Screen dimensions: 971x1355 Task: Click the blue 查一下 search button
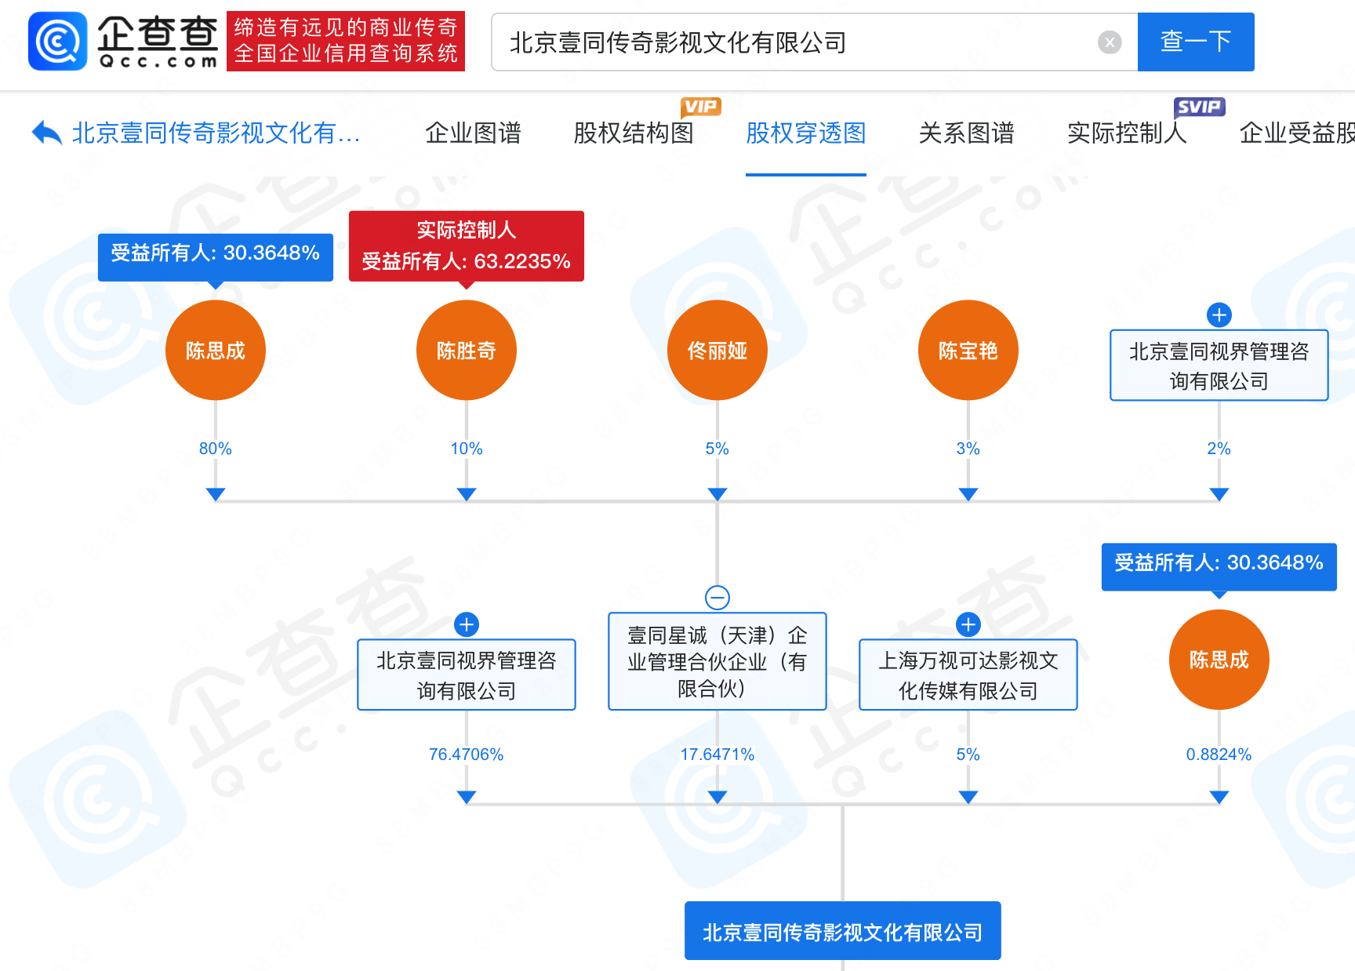click(x=1195, y=42)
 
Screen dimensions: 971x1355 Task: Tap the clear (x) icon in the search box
click(x=1109, y=42)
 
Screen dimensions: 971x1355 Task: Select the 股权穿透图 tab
click(x=805, y=133)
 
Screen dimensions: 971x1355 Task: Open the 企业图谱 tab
click(x=473, y=133)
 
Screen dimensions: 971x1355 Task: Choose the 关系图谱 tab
click(x=966, y=133)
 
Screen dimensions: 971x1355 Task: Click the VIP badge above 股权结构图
click(x=700, y=107)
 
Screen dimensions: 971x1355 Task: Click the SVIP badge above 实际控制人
click(x=1199, y=107)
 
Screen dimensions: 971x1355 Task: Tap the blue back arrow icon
click(x=46, y=133)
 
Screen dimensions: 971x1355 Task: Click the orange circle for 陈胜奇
click(x=467, y=350)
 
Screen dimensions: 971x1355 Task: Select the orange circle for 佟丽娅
click(x=717, y=350)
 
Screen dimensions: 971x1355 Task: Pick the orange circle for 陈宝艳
click(x=968, y=350)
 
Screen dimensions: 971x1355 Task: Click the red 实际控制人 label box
click(x=467, y=245)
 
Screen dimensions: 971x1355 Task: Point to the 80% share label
click(x=215, y=449)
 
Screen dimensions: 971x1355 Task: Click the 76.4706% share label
click(x=466, y=755)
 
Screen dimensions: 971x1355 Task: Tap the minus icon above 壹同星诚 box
click(x=717, y=598)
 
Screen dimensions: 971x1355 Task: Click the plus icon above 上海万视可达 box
click(x=968, y=624)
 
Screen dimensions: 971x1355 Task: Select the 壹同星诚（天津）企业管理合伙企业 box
click(x=717, y=661)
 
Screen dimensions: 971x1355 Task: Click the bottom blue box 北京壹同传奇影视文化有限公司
click(x=842, y=931)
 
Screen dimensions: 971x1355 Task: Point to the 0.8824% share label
click(x=1219, y=755)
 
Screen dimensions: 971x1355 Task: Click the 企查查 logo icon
click(x=57, y=41)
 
